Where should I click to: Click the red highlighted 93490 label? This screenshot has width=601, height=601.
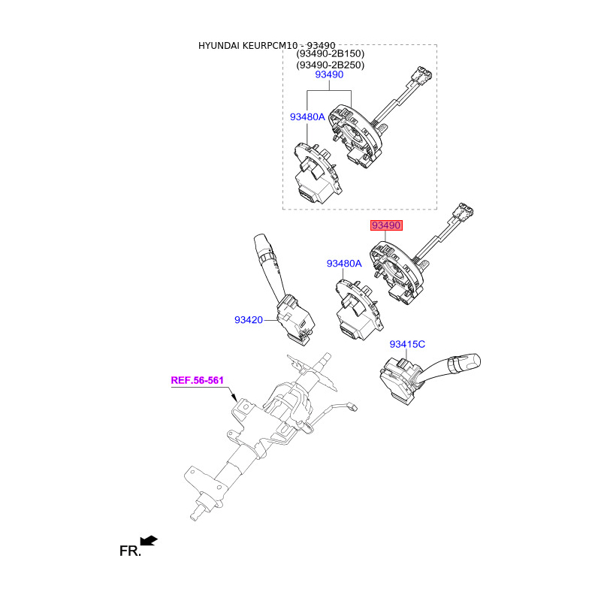[385, 225]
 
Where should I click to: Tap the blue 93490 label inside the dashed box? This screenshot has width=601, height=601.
[329, 75]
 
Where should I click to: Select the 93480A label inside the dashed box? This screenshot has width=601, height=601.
[307, 117]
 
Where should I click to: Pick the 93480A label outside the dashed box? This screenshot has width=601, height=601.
[344, 264]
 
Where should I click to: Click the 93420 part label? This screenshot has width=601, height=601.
[248, 320]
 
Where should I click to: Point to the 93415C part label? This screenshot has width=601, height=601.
[407, 344]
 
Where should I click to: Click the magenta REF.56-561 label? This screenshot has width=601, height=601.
[198, 380]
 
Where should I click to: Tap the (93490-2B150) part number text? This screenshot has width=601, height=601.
[329, 54]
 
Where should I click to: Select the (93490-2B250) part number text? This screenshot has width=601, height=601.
[329, 65]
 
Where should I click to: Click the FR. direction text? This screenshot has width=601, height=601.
[130, 551]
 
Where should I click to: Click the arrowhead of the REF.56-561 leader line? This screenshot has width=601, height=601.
[235, 400]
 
